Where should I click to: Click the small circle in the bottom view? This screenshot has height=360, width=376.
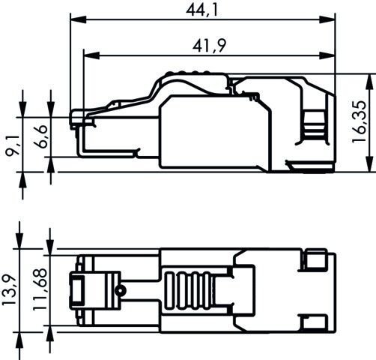click(118, 289)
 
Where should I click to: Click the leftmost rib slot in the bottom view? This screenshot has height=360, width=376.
click(169, 289)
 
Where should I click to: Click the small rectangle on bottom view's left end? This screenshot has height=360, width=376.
click(78, 289)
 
